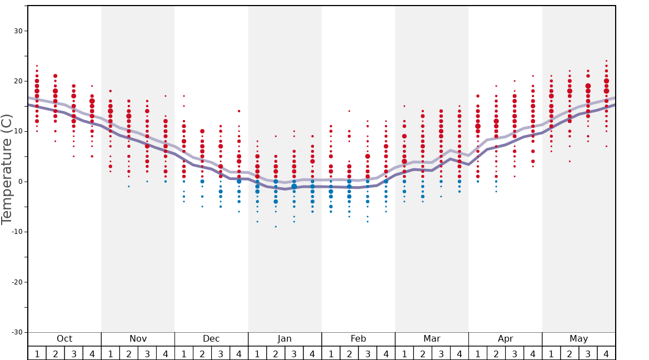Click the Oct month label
pos(64,339)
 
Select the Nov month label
pos(138,339)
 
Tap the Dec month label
pos(211,339)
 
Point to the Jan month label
pos(284,339)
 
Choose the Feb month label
pos(358,339)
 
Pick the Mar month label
pos(432,339)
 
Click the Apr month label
pos(505,339)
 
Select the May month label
pos(578,339)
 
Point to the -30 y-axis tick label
pos(17,332)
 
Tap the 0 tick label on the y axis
pos(20,182)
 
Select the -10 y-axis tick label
pos(17,232)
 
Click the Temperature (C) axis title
pos(7,169)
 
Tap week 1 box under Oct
pos(37,353)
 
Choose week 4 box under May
pos(606,353)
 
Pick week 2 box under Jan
pos(276,353)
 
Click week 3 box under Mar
pos(441,353)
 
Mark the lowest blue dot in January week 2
pos(276,227)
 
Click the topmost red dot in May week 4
pos(606,61)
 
